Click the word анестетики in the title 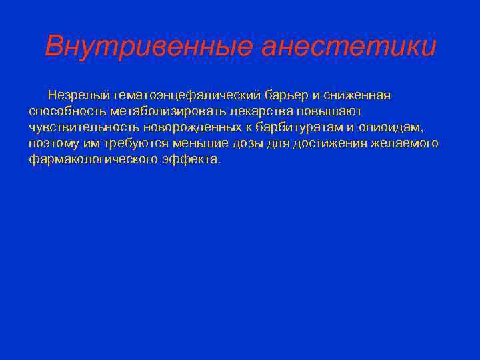pos(349,47)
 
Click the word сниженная pos(361,95)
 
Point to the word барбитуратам pos(299,127)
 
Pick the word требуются pos(137,143)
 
